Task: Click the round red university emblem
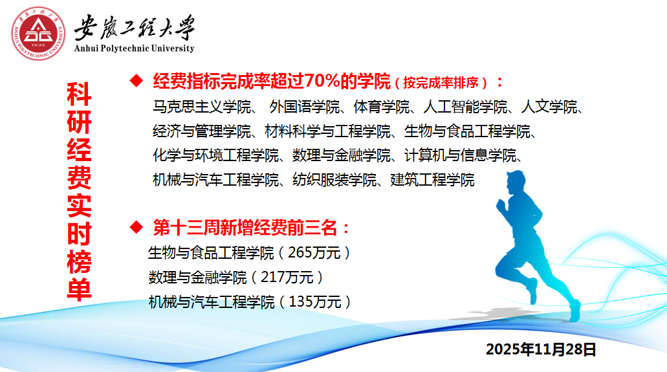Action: pyautogui.click(x=38, y=33)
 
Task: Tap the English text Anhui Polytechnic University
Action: pyautogui.click(x=134, y=48)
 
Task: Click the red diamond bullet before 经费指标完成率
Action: pyautogui.click(x=137, y=80)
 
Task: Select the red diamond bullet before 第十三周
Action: pyautogui.click(x=137, y=227)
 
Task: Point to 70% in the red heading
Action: pyautogui.click(x=322, y=80)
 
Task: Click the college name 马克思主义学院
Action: pyautogui.click(x=202, y=106)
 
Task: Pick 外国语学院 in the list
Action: pyautogui.click(x=305, y=106)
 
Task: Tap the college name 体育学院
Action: pyautogui.click(x=381, y=106)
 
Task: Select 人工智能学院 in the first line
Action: pyautogui.click(x=465, y=106)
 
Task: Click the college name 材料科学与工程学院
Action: pyautogui.click(x=327, y=131)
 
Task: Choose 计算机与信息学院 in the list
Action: pyautogui.click(x=460, y=155)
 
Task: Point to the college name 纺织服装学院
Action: pyautogui.click(x=334, y=180)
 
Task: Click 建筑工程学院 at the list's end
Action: pyautogui.click(x=432, y=180)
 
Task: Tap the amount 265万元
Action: pyautogui.click(x=314, y=253)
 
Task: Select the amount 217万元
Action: pyautogui.click(x=287, y=277)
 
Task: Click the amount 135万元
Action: pyautogui.click(x=315, y=301)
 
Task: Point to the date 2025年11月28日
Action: pyautogui.click(x=541, y=349)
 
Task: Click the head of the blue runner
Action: pyautogui.click(x=516, y=181)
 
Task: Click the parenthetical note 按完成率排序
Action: pyautogui.click(x=441, y=83)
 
